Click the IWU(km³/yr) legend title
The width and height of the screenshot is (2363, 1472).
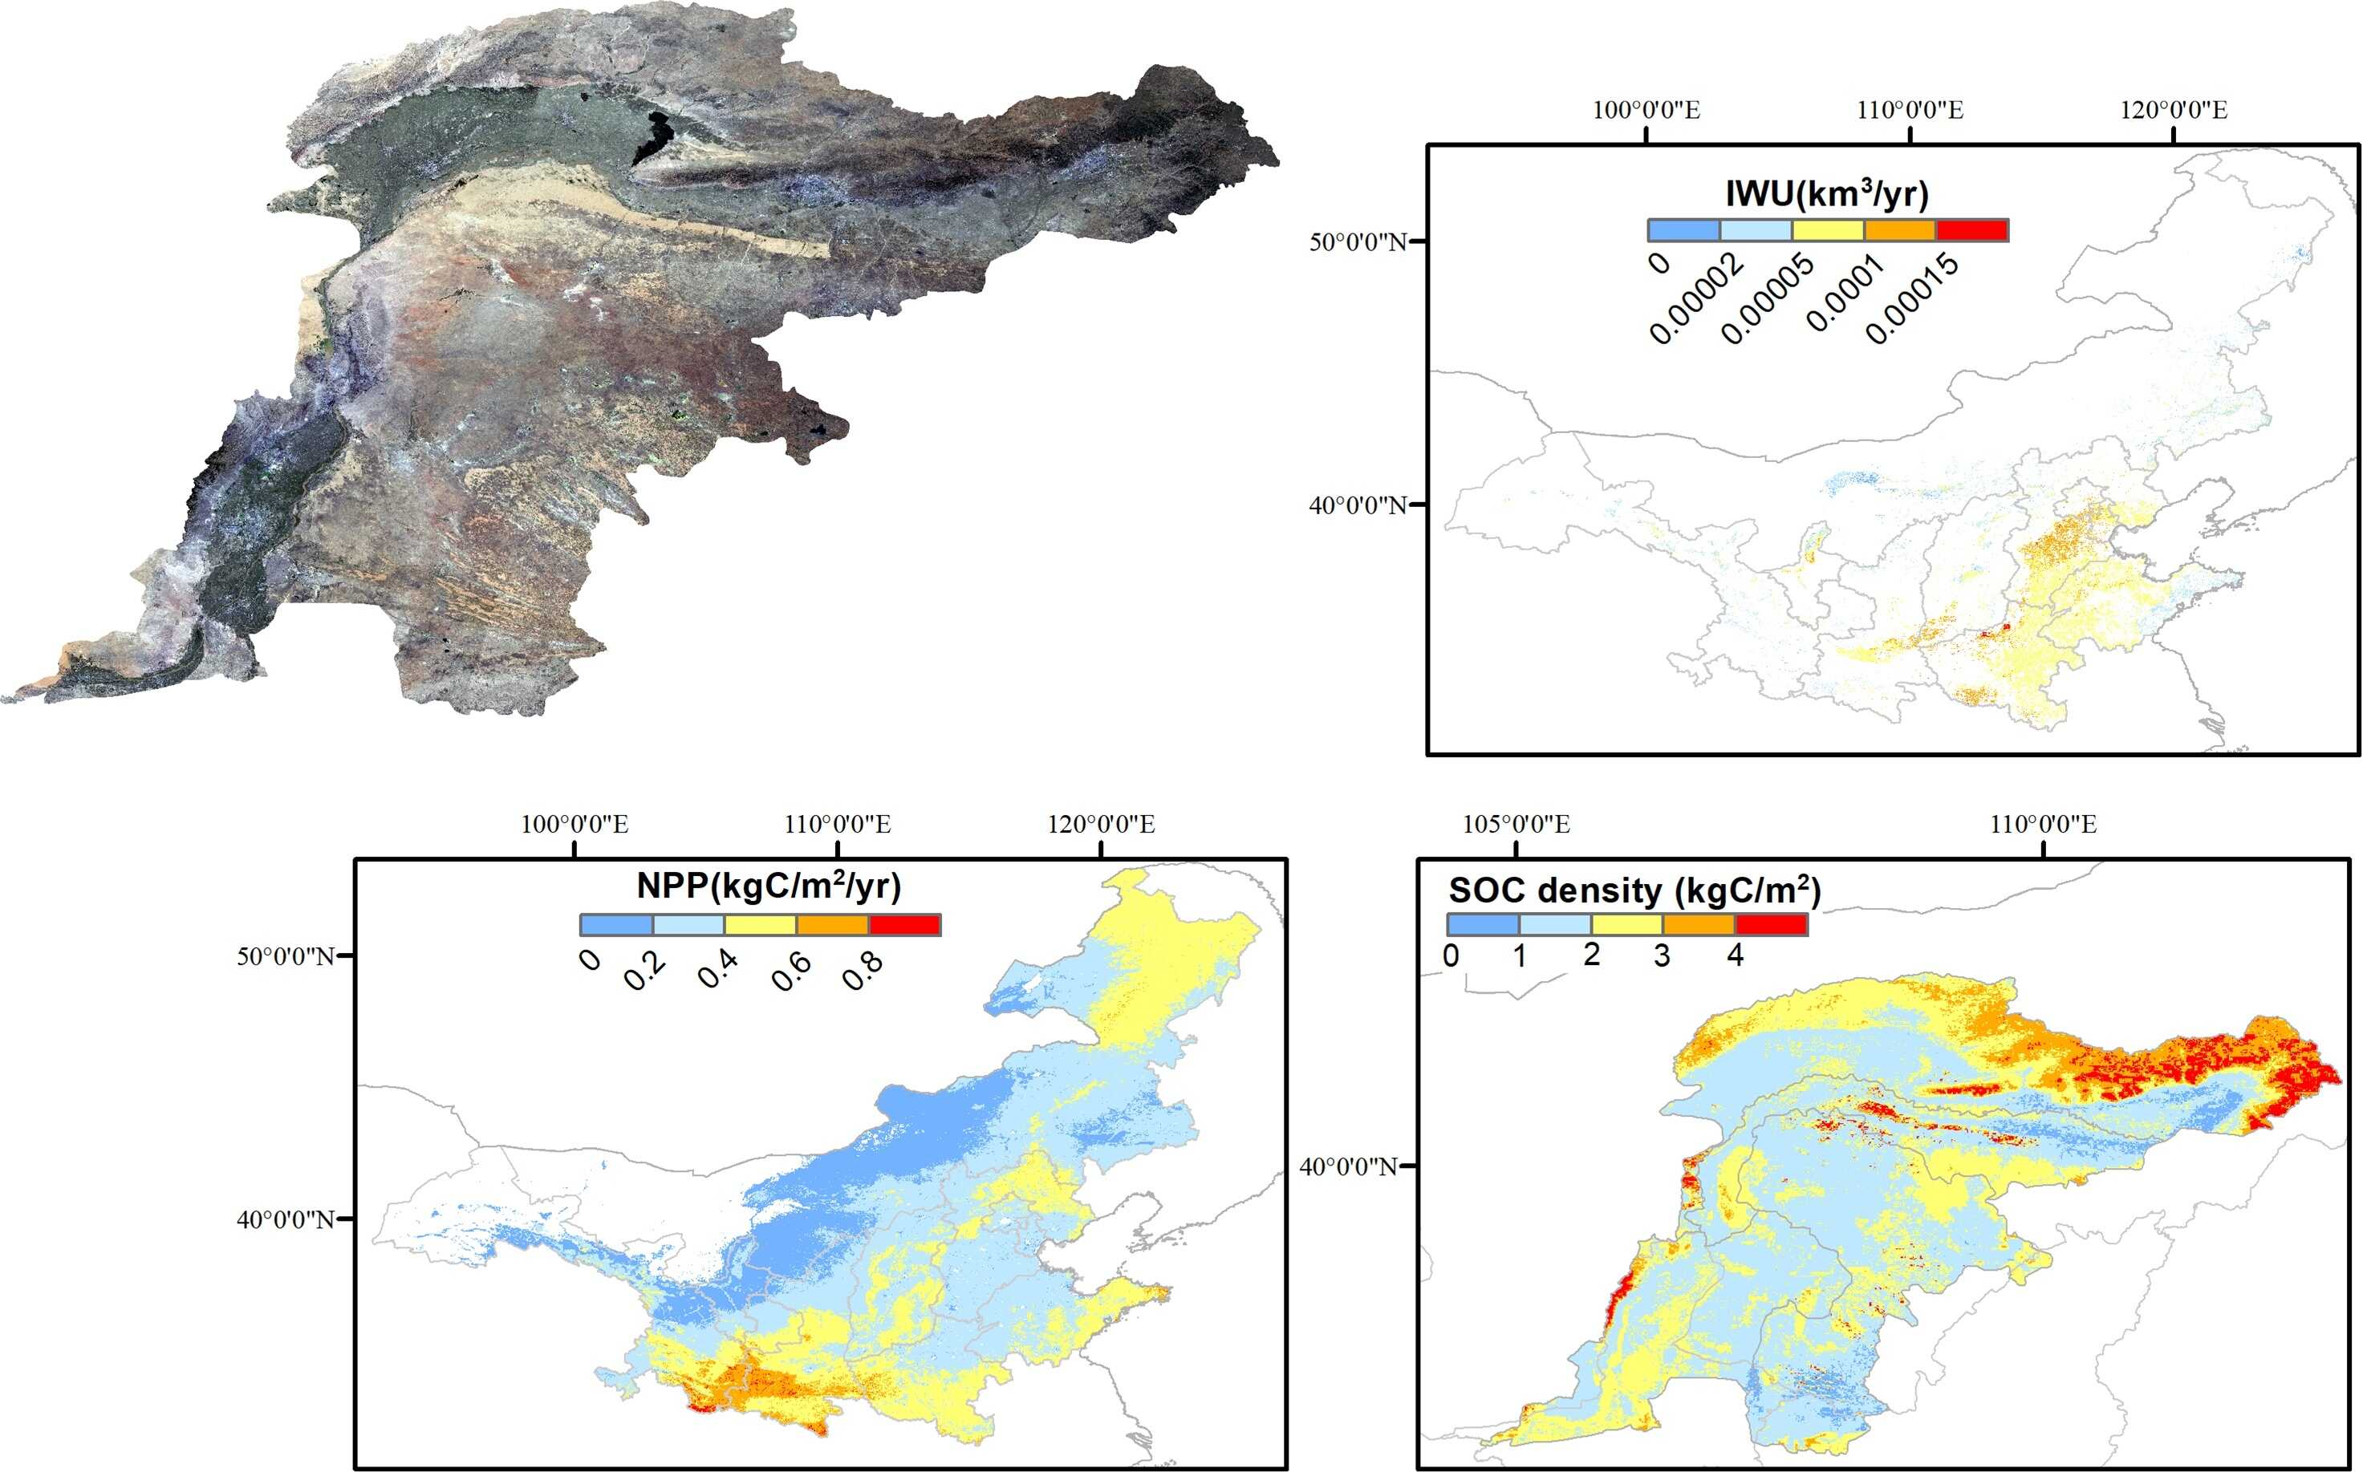1826,194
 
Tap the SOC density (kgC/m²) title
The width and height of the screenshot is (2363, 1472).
1634,890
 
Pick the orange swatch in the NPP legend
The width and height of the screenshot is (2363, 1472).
832,925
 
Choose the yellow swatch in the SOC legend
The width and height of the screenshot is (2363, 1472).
1626,924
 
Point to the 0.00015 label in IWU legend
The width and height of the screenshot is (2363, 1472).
1911,299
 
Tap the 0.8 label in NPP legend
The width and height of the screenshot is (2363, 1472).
863,971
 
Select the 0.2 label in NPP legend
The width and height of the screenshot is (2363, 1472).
644,971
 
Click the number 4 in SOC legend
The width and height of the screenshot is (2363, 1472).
1734,956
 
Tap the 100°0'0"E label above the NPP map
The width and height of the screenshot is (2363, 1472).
575,825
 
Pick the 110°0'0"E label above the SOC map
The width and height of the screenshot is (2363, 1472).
2043,825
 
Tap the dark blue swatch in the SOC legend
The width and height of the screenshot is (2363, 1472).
1483,924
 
